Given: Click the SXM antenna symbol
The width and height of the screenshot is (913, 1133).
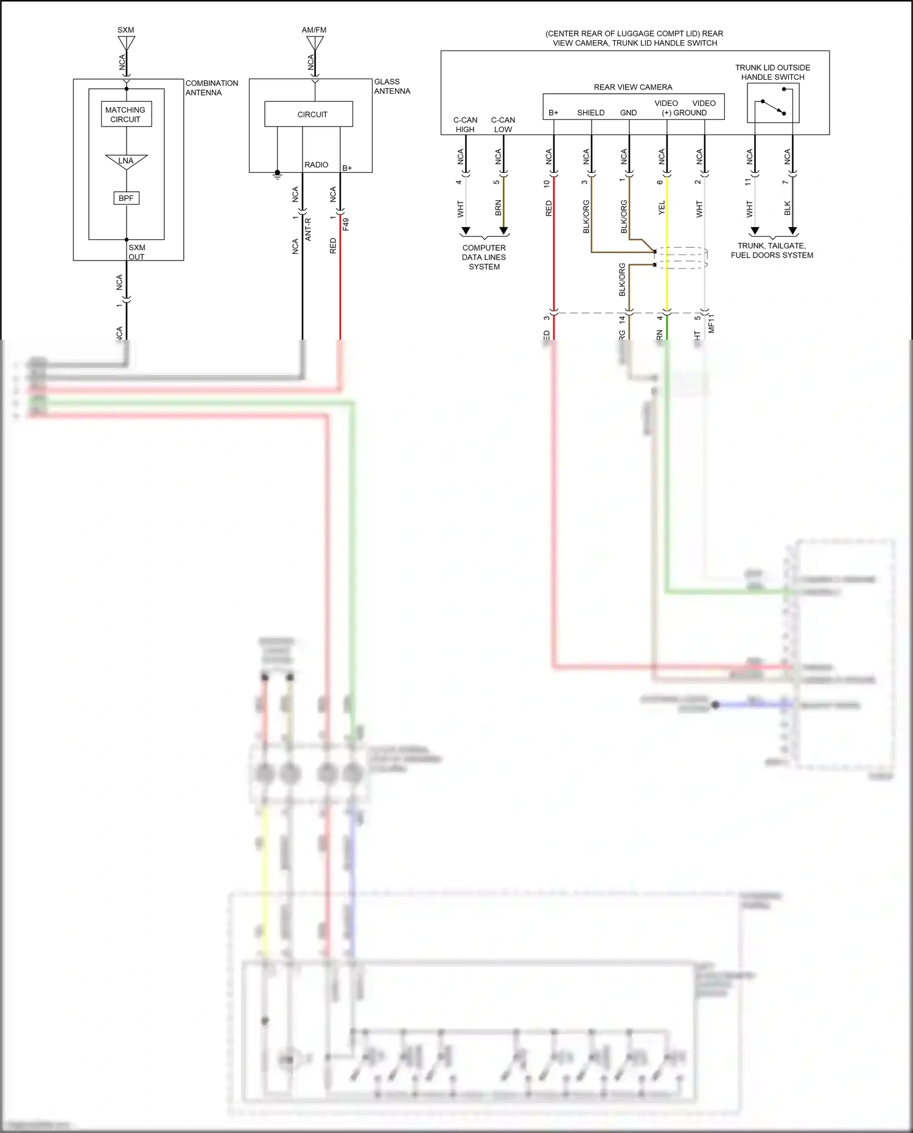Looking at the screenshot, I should click(x=126, y=43).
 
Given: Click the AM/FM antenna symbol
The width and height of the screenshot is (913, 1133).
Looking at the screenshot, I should click(x=315, y=43).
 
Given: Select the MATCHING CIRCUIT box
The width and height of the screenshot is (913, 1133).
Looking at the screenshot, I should click(x=126, y=114).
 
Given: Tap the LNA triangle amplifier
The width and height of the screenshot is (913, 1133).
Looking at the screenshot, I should click(x=126, y=161).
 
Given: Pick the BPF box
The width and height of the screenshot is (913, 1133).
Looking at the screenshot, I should click(x=126, y=198).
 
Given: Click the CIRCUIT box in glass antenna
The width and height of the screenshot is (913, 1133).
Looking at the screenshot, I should click(x=309, y=114).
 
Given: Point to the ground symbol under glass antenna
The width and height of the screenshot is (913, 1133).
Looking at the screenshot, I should click(x=278, y=175).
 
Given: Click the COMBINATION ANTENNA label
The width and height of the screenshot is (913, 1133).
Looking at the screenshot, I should click(x=211, y=88).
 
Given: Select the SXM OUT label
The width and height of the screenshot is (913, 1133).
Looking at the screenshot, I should click(x=137, y=252).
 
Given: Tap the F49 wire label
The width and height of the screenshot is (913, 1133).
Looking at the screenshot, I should click(x=346, y=224).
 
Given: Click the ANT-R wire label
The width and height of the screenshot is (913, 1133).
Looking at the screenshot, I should click(x=308, y=230).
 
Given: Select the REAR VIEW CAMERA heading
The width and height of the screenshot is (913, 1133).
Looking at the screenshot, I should click(x=633, y=87).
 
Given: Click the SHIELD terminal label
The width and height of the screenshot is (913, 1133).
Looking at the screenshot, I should click(x=590, y=113).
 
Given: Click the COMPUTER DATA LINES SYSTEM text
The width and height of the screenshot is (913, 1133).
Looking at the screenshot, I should click(x=484, y=257).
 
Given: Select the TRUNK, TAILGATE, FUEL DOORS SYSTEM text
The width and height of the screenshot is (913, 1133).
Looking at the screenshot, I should click(x=772, y=250).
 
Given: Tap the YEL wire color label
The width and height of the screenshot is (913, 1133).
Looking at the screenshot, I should click(x=662, y=208).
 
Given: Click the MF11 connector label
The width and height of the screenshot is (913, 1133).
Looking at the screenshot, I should click(x=712, y=323).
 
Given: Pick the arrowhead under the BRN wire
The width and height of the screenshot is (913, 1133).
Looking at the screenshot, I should click(x=503, y=231).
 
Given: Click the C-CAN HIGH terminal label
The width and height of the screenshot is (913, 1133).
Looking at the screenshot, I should click(x=465, y=125).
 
